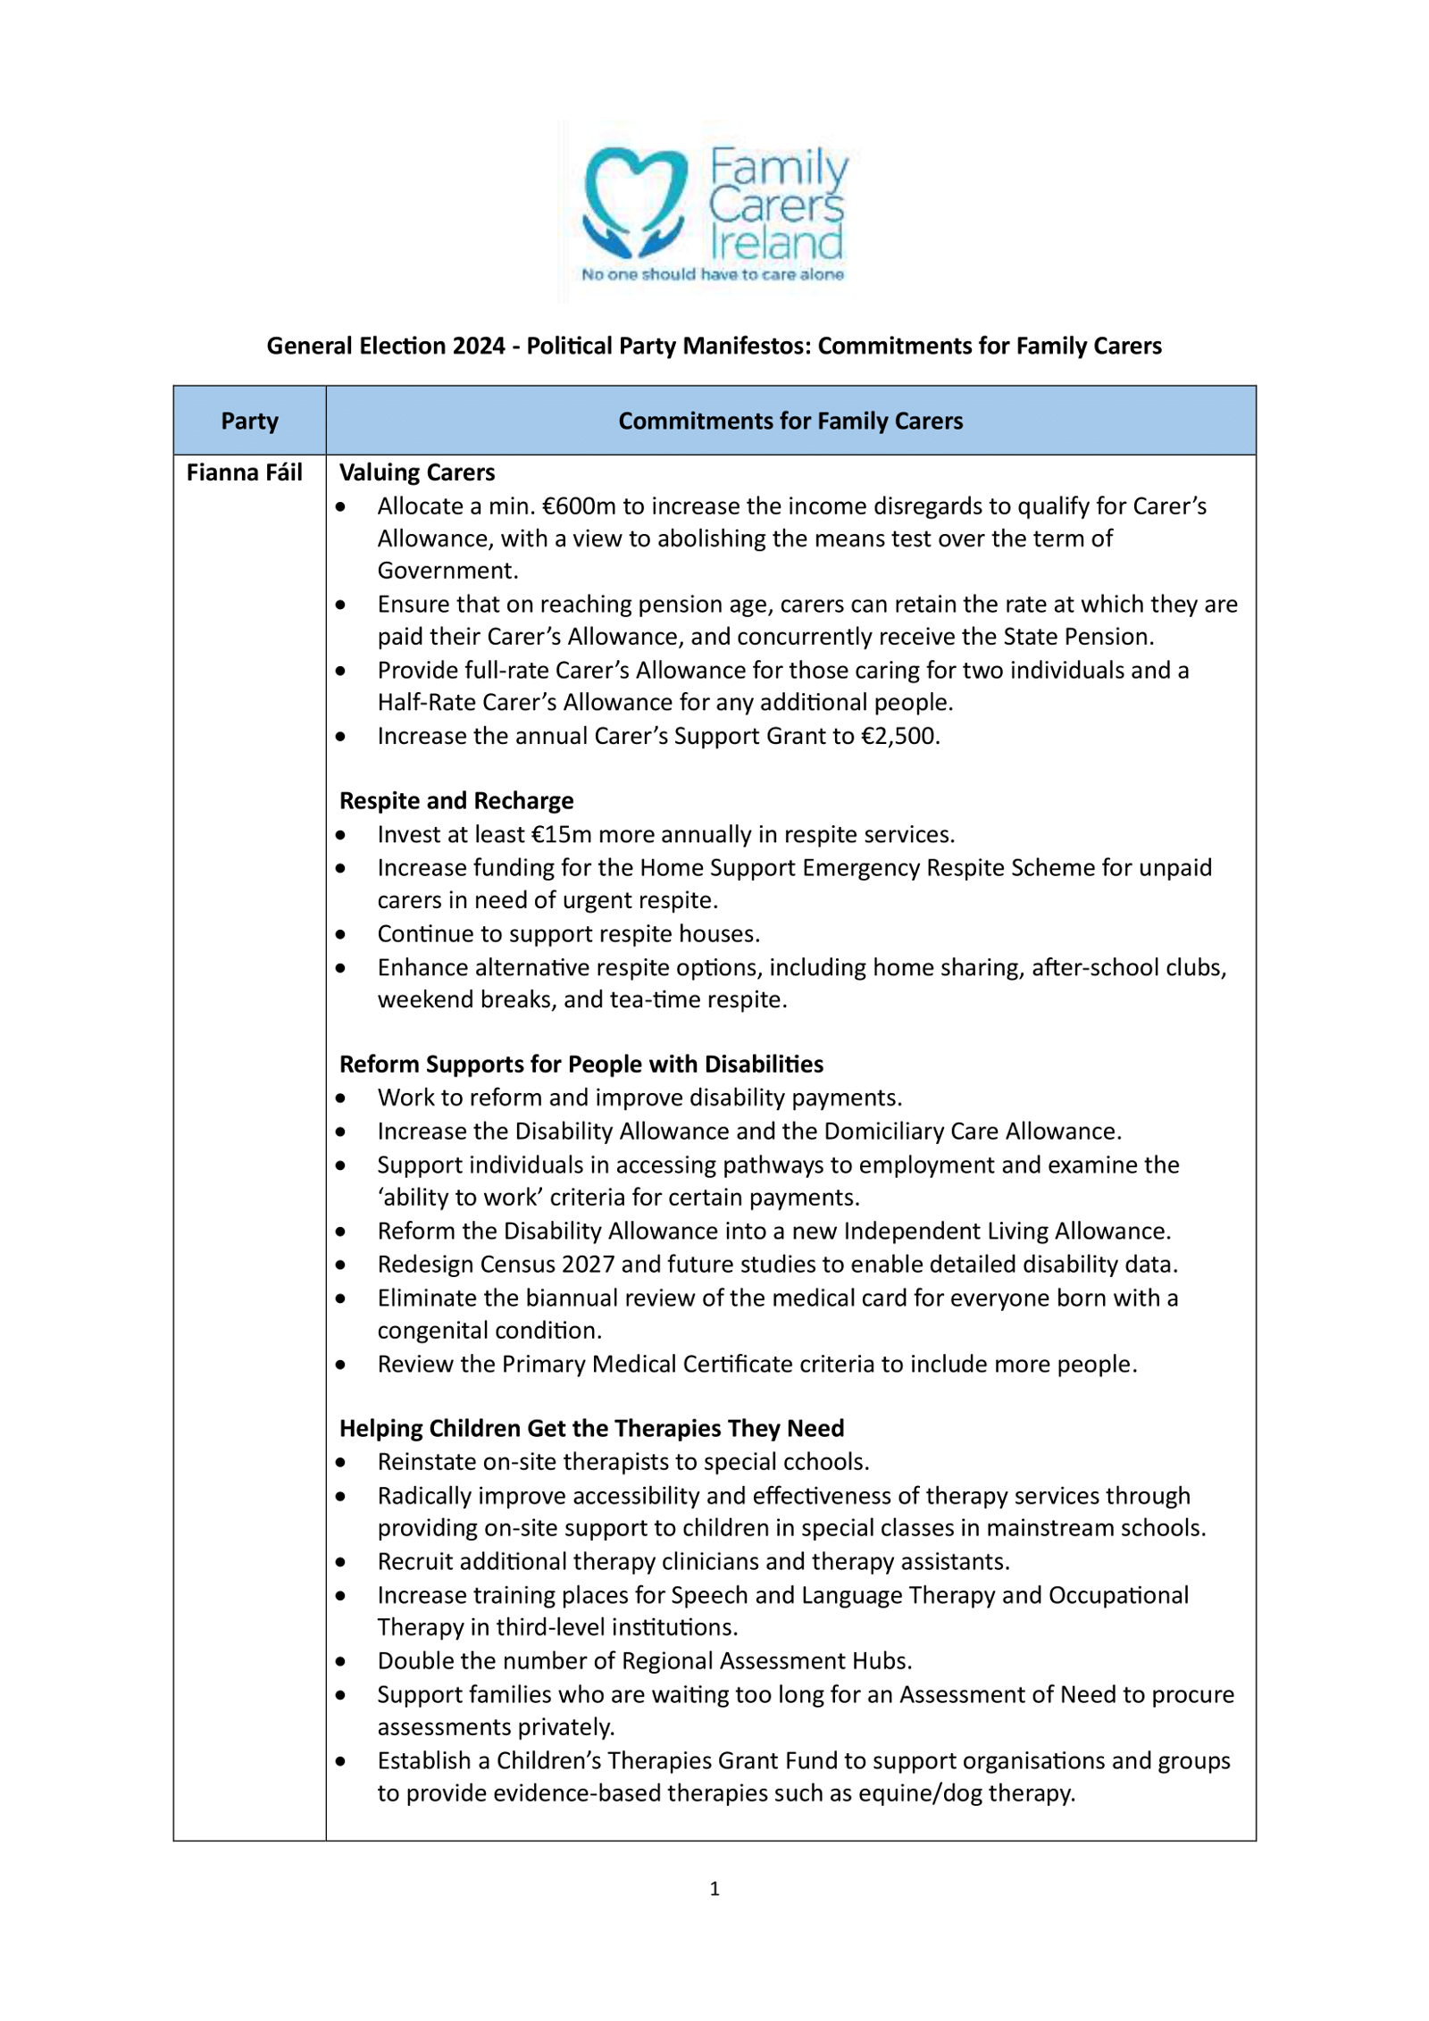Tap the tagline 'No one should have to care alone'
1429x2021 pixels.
tap(712, 274)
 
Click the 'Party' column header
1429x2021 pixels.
tap(249, 421)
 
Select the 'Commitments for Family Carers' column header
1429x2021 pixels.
tap(790, 421)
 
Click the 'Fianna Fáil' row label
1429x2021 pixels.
tap(244, 472)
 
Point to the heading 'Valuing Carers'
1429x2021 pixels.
tap(416, 472)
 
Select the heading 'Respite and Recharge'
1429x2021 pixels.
tap(456, 800)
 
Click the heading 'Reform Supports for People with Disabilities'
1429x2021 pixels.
tap(581, 1064)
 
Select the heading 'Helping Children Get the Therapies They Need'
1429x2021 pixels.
tap(591, 1428)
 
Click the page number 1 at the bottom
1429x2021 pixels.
tap(714, 1888)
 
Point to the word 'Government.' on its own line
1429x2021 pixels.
tap(447, 571)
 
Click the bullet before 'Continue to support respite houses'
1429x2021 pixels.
tap(341, 934)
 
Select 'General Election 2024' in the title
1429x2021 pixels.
tap(386, 346)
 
